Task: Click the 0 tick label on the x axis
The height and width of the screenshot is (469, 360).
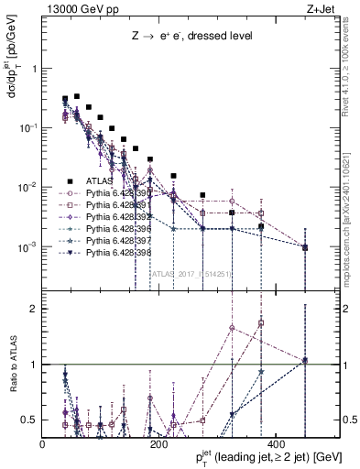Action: tap(42, 444)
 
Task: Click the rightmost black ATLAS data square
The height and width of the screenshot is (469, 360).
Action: tap(305, 247)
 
